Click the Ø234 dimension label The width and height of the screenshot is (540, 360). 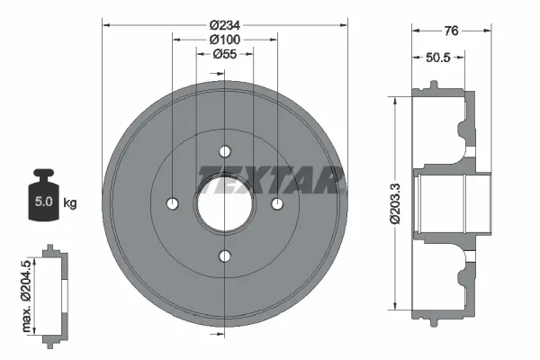(x=225, y=25)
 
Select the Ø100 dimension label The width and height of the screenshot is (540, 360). (x=225, y=40)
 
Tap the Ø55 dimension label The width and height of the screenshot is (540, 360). (x=225, y=55)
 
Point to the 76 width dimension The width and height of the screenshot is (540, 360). (x=451, y=31)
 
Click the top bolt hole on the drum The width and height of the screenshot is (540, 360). (x=225, y=150)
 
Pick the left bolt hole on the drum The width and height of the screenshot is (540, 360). (x=172, y=204)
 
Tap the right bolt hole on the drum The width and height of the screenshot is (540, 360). (x=278, y=204)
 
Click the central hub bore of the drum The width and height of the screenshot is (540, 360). (x=225, y=204)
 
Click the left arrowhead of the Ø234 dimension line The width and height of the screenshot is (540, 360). (x=105, y=24)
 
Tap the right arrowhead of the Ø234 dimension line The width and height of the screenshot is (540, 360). (x=344, y=24)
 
